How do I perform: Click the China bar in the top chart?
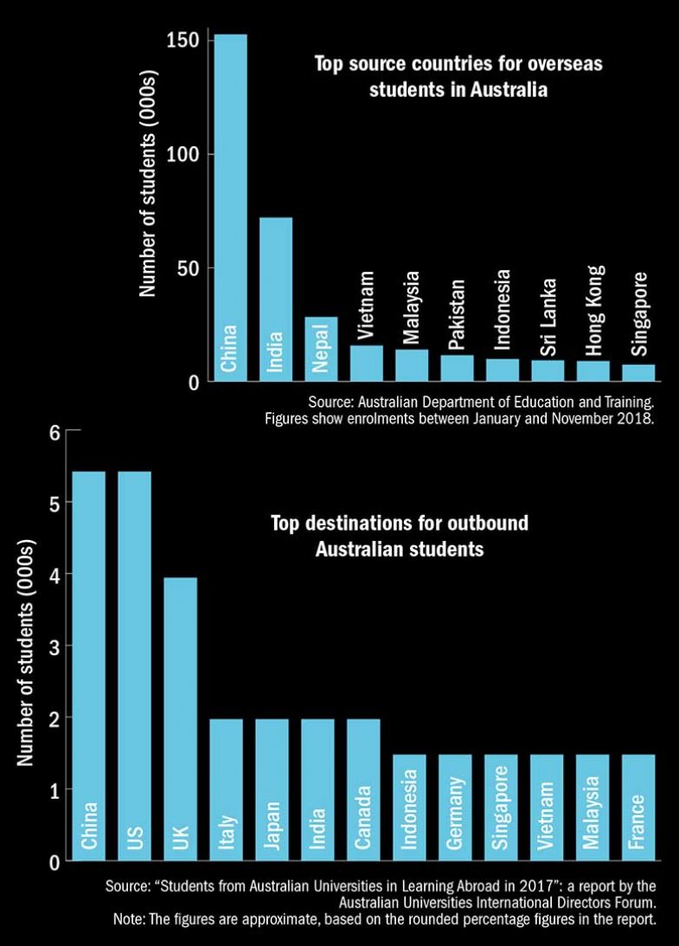(230, 208)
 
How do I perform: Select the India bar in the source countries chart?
(276, 299)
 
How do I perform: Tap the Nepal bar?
(321, 349)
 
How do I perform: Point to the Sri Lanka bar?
(548, 370)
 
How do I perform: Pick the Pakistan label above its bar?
(457, 315)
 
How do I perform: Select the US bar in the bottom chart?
(134, 666)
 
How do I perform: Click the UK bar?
(180, 719)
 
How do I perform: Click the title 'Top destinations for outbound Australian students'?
(399, 536)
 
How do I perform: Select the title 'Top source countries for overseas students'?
(458, 76)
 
